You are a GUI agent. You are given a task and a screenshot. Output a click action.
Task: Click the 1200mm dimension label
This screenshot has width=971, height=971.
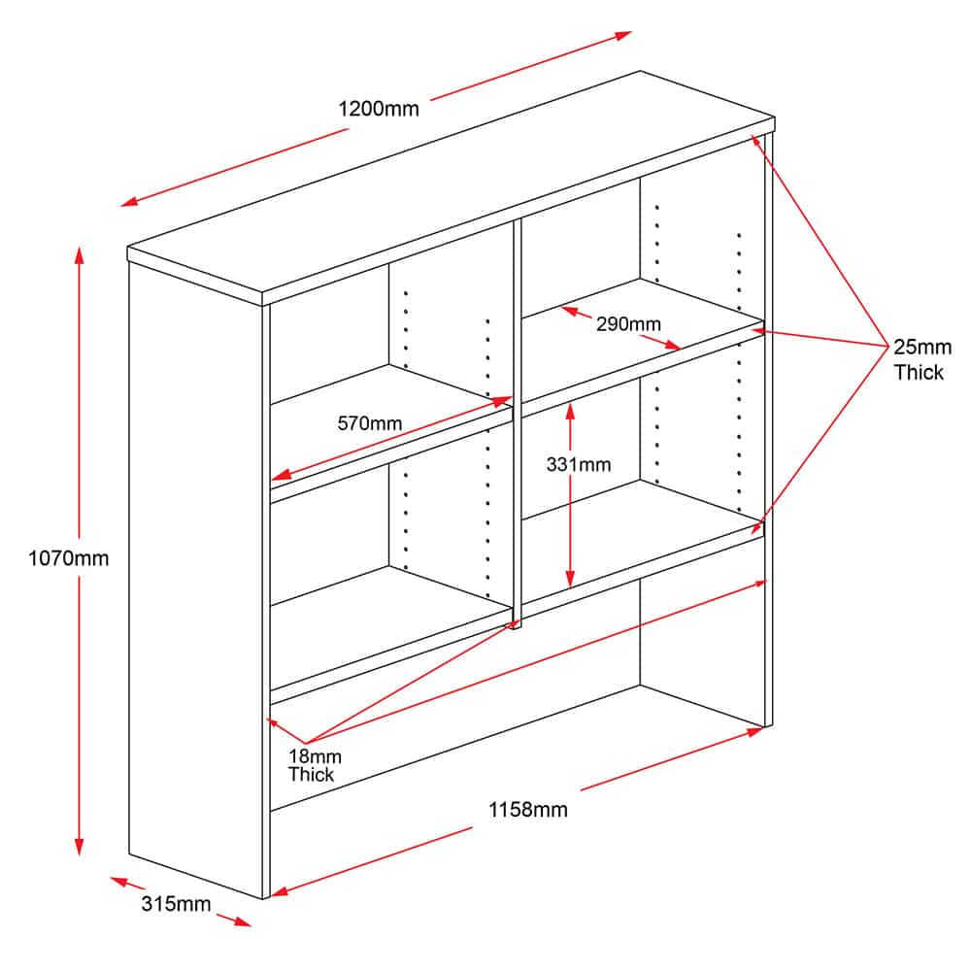[379, 109]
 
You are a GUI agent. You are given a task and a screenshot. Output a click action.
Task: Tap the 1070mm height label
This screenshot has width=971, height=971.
[69, 558]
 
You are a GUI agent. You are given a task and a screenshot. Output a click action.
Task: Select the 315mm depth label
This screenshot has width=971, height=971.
[176, 903]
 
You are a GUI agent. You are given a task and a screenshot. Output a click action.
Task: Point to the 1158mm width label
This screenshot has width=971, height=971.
[527, 810]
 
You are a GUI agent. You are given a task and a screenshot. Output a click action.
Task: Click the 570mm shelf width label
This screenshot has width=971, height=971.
[370, 423]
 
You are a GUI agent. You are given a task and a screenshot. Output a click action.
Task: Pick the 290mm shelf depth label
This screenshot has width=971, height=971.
[628, 324]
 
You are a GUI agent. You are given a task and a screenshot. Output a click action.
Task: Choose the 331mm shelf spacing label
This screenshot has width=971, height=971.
[579, 464]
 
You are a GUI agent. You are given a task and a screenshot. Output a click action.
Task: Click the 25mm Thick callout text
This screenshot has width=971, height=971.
[922, 360]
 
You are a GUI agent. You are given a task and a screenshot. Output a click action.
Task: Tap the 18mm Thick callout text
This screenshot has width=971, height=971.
[315, 765]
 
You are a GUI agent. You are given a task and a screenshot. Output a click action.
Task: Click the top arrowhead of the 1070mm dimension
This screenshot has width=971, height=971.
[80, 254]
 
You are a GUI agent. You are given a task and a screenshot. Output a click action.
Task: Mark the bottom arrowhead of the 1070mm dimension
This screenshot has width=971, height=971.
[80, 847]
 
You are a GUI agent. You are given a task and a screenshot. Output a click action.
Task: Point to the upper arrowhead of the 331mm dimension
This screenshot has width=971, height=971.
[570, 410]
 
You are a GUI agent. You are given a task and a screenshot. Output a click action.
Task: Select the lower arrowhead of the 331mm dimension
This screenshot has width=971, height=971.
[570, 579]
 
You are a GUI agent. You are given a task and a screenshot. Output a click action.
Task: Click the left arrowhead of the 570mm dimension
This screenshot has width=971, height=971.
[281, 475]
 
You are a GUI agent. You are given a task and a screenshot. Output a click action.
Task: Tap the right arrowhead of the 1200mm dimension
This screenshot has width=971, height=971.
[623, 35]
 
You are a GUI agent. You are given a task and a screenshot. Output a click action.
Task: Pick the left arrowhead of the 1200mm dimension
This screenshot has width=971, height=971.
[129, 201]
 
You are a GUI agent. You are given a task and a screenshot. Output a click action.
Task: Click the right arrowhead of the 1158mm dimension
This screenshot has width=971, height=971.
[754, 731]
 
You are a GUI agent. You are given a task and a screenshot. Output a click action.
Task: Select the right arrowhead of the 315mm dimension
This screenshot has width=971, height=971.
[243, 921]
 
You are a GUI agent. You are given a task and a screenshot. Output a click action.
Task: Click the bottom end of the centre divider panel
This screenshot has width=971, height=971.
[518, 625]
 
